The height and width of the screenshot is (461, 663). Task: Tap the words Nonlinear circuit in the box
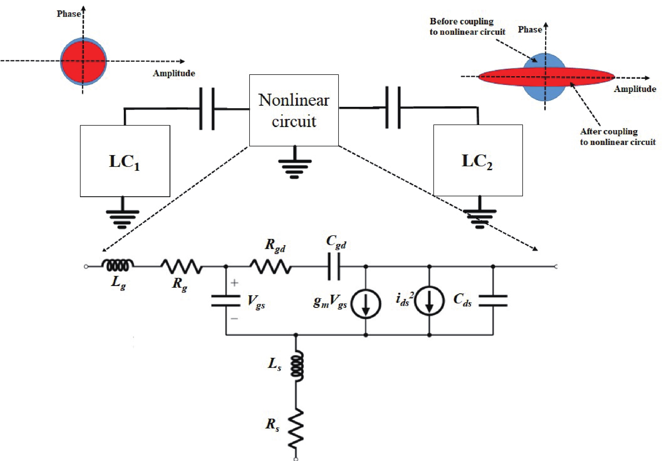pos(294,110)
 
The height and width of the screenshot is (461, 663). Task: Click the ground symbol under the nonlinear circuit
pos(294,167)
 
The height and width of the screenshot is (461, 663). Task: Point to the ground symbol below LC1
pos(122,218)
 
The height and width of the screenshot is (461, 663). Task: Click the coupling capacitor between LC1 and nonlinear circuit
pos(207,109)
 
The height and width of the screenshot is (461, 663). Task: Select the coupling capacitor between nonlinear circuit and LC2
pos(393,108)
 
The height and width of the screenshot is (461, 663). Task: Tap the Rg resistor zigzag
pos(182,267)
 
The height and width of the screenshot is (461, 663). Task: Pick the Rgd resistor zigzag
pos(270,267)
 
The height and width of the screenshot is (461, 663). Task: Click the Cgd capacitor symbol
pos(334,267)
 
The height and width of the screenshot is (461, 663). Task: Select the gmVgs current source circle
pos(365,304)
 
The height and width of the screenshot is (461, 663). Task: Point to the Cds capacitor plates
pos(493,300)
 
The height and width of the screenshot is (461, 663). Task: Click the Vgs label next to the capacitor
pos(256,302)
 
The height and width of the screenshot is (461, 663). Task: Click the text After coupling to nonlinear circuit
pos(617,137)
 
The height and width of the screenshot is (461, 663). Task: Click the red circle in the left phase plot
pos(83,61)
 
